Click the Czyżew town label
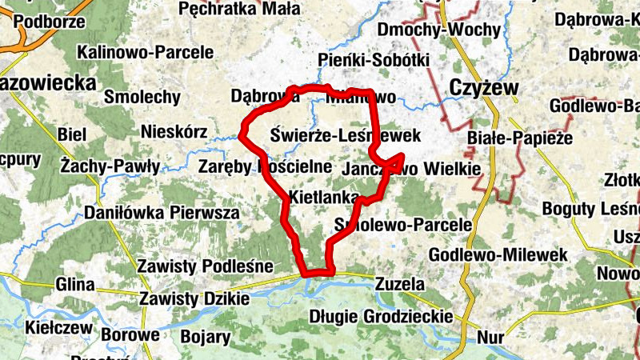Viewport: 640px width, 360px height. click(484, 87)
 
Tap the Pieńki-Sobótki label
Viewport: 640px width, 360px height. click(374, 60)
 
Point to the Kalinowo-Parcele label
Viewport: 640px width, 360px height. click(146, 52)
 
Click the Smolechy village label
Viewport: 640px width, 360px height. click(142, 97)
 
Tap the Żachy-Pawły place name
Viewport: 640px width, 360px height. click(110, 166)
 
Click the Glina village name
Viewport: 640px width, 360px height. click(75, 284)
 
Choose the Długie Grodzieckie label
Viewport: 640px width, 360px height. click(381, 316)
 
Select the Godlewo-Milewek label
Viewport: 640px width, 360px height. click(498, 254)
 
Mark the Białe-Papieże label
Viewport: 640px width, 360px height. click(521, 137)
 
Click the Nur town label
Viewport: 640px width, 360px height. click(489, 337)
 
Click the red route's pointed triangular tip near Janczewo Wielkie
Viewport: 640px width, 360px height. click(402, 155)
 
